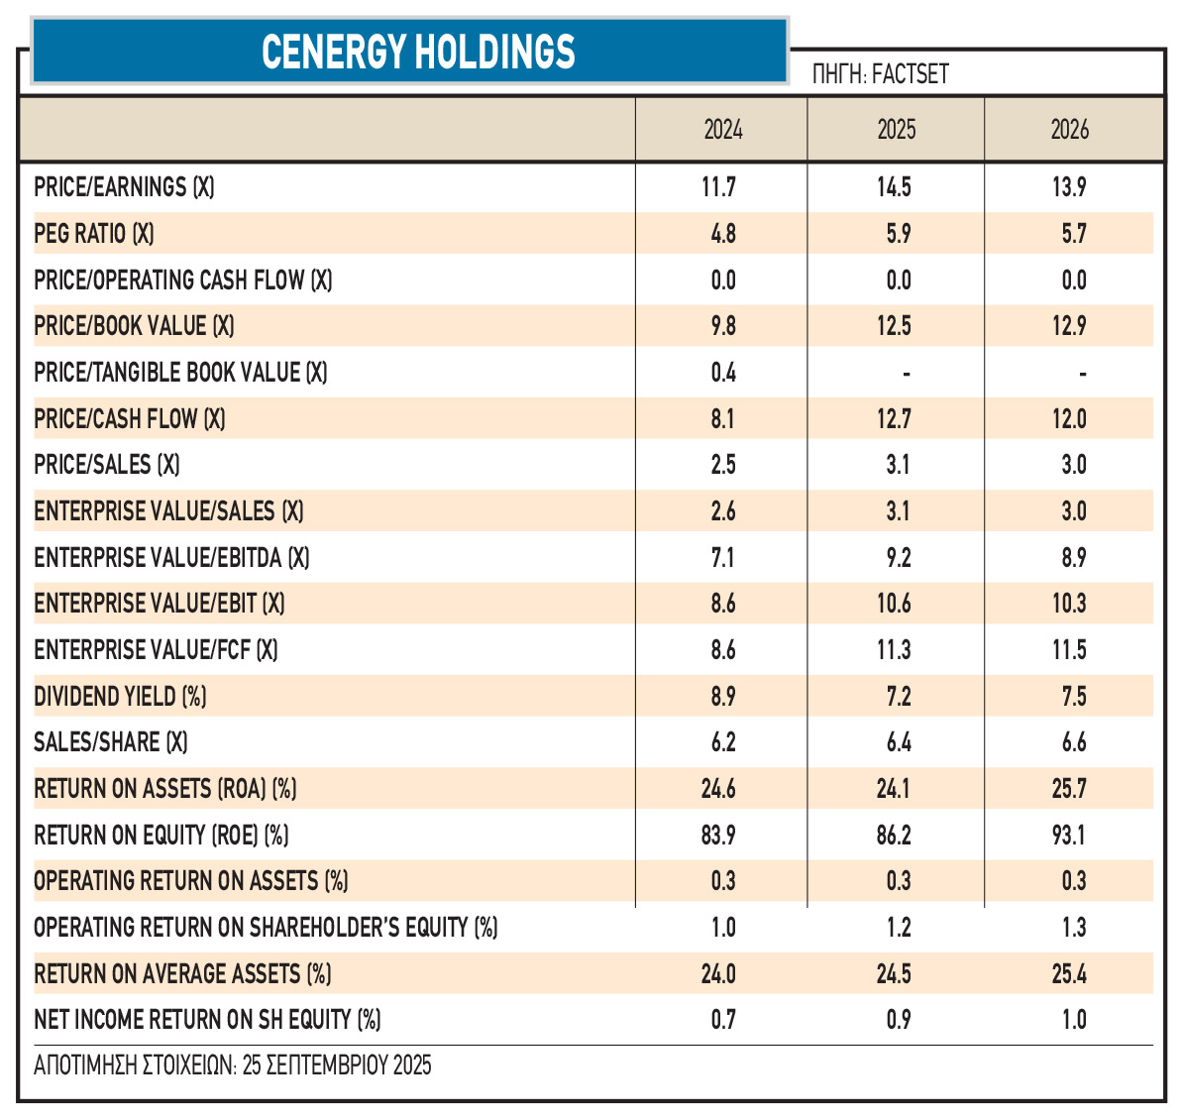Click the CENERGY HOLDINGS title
click(x=417, y=52)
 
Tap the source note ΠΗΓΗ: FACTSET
click(x=880, y=74)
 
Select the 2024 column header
click(x=722, y=130)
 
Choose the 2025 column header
click(x=896, y=130)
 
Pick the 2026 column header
click(x=1069, y=130)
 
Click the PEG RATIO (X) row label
click(x=94, y=234)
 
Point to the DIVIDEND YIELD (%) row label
click(x=120, y=697)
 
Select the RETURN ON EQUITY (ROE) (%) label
click(x=161, y=836)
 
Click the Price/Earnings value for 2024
click(x=718, y=187)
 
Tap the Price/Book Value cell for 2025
click(x=894, y=326)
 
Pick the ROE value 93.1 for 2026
click(x=1069, y=836)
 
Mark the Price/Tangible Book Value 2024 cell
click(x=723, y=373)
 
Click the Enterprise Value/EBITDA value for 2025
click(x=898, y=558)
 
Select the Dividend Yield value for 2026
click(x=1074, y=697)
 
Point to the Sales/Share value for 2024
click(x=723, y=742)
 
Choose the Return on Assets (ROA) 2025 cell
click(x=894, y=789)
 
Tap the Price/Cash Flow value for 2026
click(x=1069, y=419)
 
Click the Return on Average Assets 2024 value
click(x=718, y=974)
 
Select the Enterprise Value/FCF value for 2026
click(x=1069, y=650)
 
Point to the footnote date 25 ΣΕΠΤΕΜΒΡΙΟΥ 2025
click(x=337, y=1066)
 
